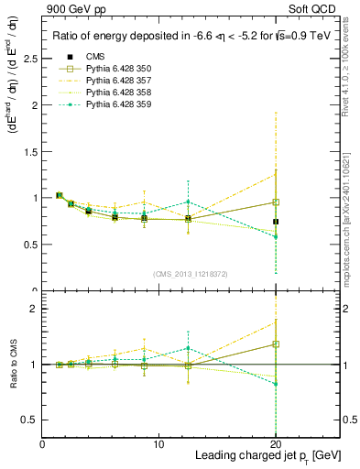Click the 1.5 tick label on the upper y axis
coord(31,151)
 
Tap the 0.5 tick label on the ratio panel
coord(31,420)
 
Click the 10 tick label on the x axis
coord(158,443)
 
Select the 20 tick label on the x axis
coord(276,443)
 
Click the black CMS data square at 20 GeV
coord(276,222)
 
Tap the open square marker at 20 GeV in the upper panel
coord(276,202)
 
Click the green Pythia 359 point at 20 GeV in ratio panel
coord(276,384)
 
